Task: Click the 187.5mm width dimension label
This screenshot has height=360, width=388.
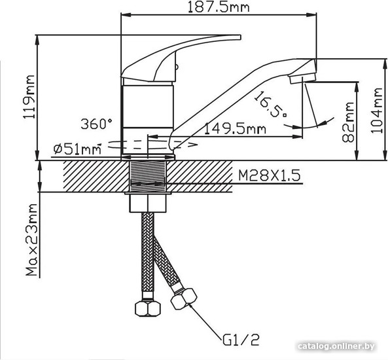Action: click(x=219, y=7)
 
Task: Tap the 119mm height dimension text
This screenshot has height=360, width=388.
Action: click(x=29, y=98)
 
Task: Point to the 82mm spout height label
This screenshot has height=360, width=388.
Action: click(x=348, y=122)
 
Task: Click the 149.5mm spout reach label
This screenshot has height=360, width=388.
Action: click(x=236, y=129)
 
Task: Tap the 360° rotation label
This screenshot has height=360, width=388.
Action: click(x=96, y=124)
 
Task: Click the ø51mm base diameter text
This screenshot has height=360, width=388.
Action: click(x=77, y=149)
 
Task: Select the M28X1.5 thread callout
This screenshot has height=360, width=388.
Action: click(x=270, y=175)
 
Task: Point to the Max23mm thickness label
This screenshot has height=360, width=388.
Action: click(x=31, y=240)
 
